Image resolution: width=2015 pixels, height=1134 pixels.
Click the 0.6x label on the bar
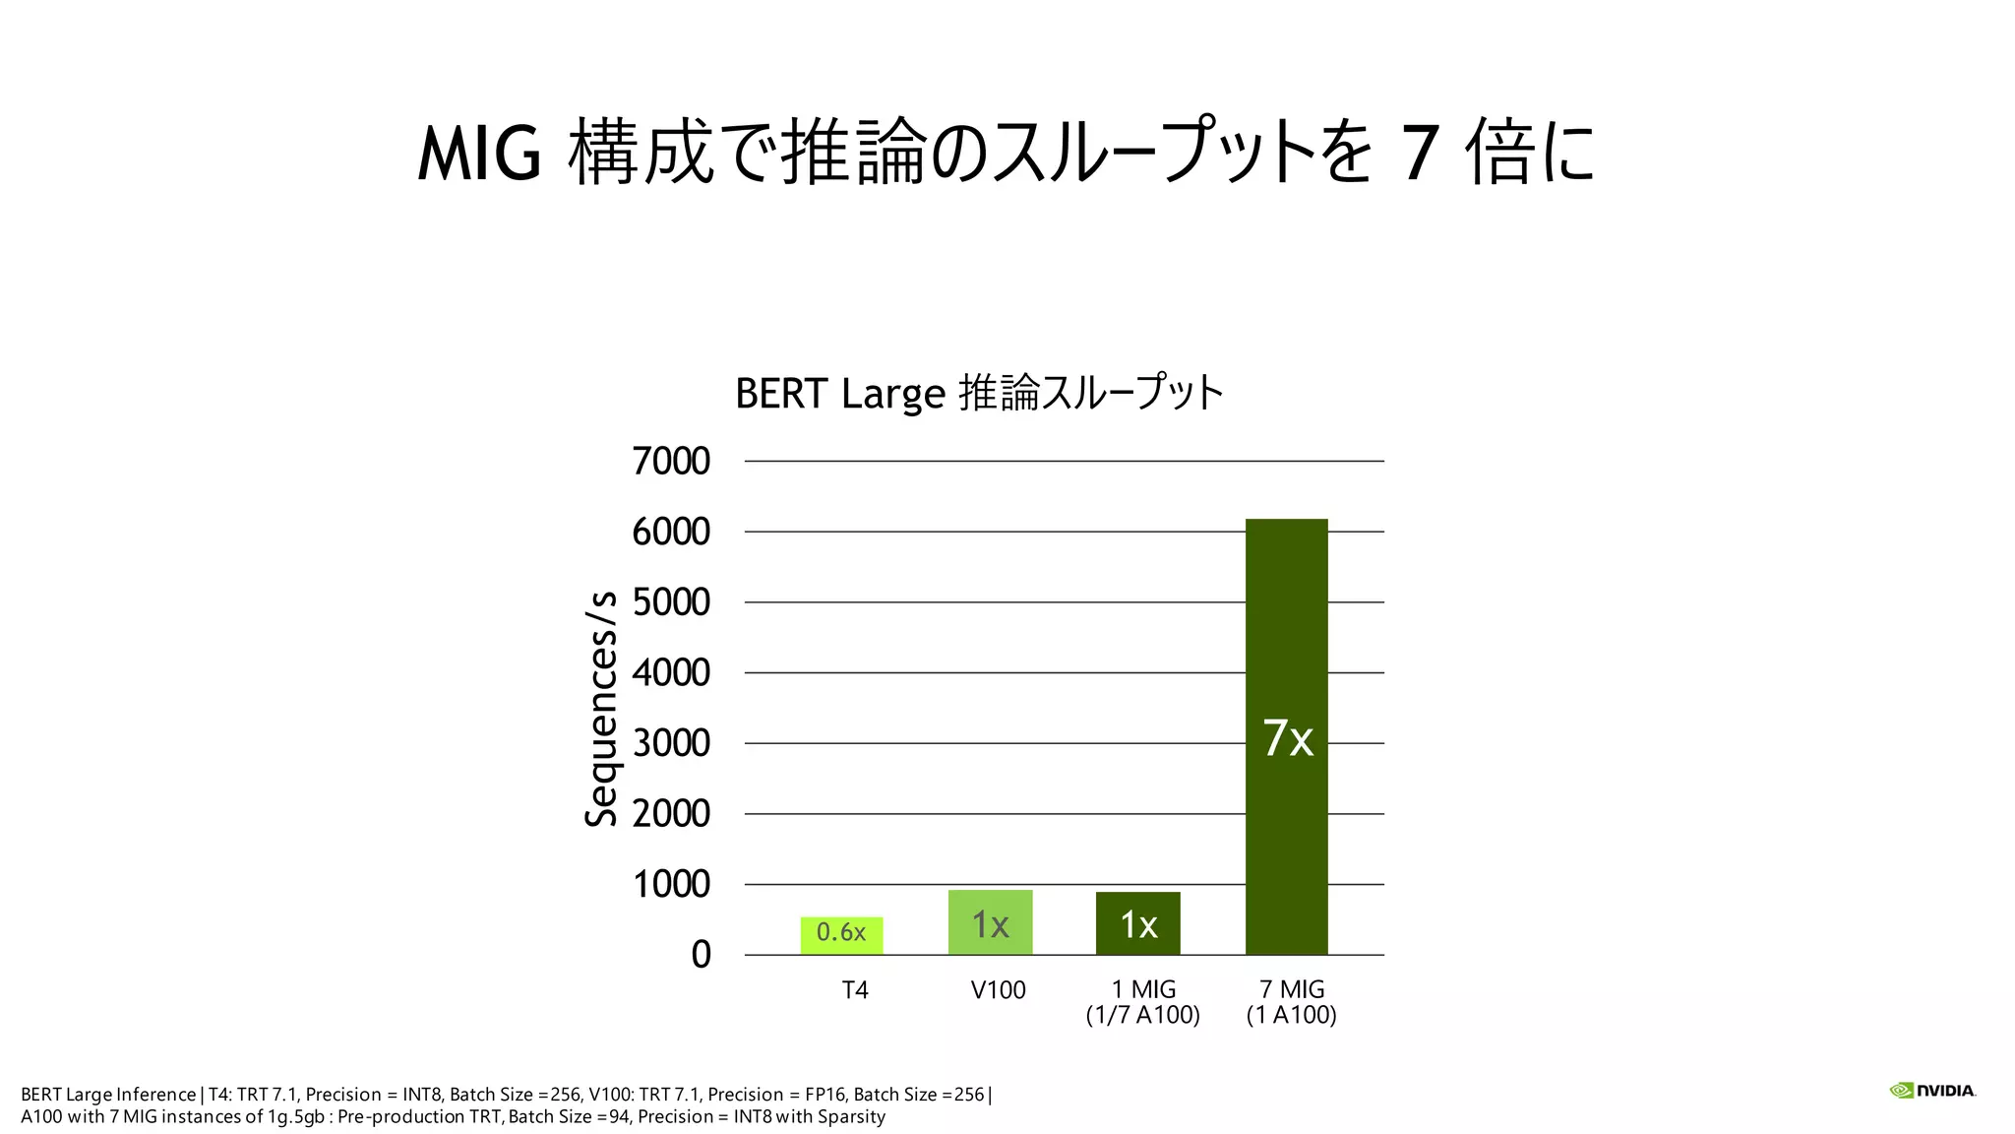pyautogui.click(x=841, y=932)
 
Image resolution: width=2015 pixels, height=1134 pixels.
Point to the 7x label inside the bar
pyautogui.click(x=1287, y=738)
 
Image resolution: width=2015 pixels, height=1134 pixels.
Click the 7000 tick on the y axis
pyautogui.click(x=671, y=461)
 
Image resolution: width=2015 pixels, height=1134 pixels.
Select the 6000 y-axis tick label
pyautogui.click(x=671, y=532)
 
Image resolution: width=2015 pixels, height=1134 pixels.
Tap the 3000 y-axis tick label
pyautogui.click(x=671, y=743)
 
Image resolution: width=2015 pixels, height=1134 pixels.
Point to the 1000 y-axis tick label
pyautogui.click(x=671, y=884)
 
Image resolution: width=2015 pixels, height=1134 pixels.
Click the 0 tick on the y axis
pyautogui.click(x=701, y=955)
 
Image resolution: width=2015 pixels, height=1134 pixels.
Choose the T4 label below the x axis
pyautogui.click(x=855, y=990)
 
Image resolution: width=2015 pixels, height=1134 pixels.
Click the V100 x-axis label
pyautogui.click(x=998, y=990)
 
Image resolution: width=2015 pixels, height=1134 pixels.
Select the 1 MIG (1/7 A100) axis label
pyautogui.click(x=1142, y=1002)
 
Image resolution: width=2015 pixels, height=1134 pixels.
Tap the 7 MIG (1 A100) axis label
pyautogui.click(x=1291, y=1002)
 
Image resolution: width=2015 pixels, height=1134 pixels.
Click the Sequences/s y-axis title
pyautogui.click(x=601, y=709)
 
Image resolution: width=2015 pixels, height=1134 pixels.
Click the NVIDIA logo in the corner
pyautogui.click(x=1932, y=1091)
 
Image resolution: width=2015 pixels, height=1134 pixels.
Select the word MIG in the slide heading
pyautogui.click(x=479, y=154)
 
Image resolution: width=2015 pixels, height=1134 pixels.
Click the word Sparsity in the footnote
pyautogui.click(x=851, y=1116)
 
